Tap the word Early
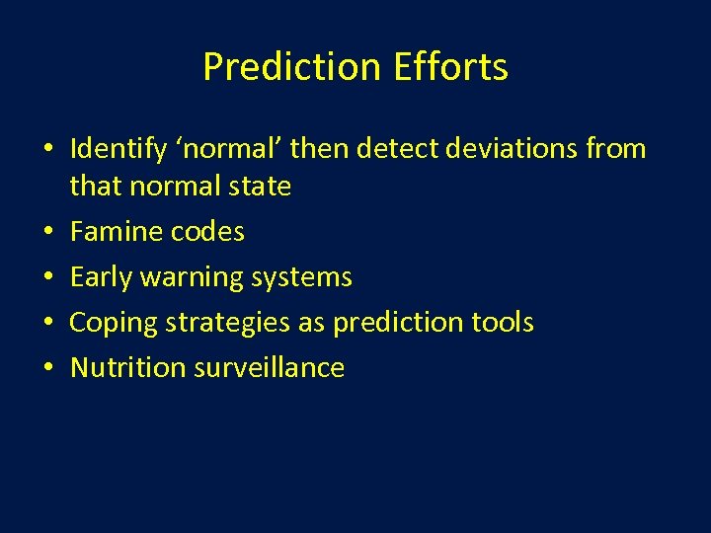point(102,277)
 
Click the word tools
point(502,322)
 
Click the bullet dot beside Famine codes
point(48,233)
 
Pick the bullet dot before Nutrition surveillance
point(48,368)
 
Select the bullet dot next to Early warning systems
point(48,278)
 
